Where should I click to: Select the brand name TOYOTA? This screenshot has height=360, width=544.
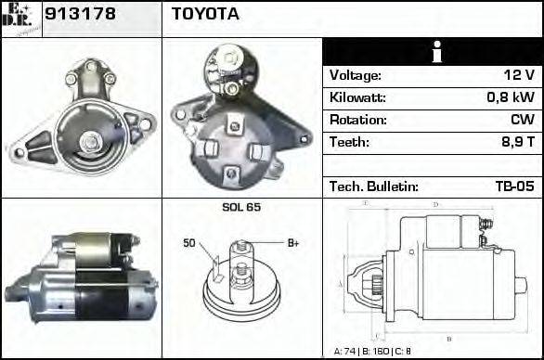coord(204,14)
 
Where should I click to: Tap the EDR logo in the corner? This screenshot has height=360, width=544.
coord(21,18)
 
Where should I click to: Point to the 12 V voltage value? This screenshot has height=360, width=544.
coord(517,75)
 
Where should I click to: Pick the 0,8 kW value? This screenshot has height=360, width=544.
coord(512,97)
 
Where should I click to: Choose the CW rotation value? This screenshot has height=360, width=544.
coord(522,120)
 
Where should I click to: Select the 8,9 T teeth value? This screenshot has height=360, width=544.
coord(515,142)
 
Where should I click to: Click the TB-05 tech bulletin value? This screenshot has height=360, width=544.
coord(514,186)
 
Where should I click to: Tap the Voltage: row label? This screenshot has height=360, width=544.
coord(355,75)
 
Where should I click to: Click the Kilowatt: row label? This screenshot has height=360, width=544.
coord(357,97)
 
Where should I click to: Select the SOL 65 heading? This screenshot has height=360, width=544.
coord(241,207)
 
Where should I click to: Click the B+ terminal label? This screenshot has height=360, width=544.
coord(292,243)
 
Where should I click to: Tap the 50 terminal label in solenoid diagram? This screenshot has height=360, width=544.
coord(189,243)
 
